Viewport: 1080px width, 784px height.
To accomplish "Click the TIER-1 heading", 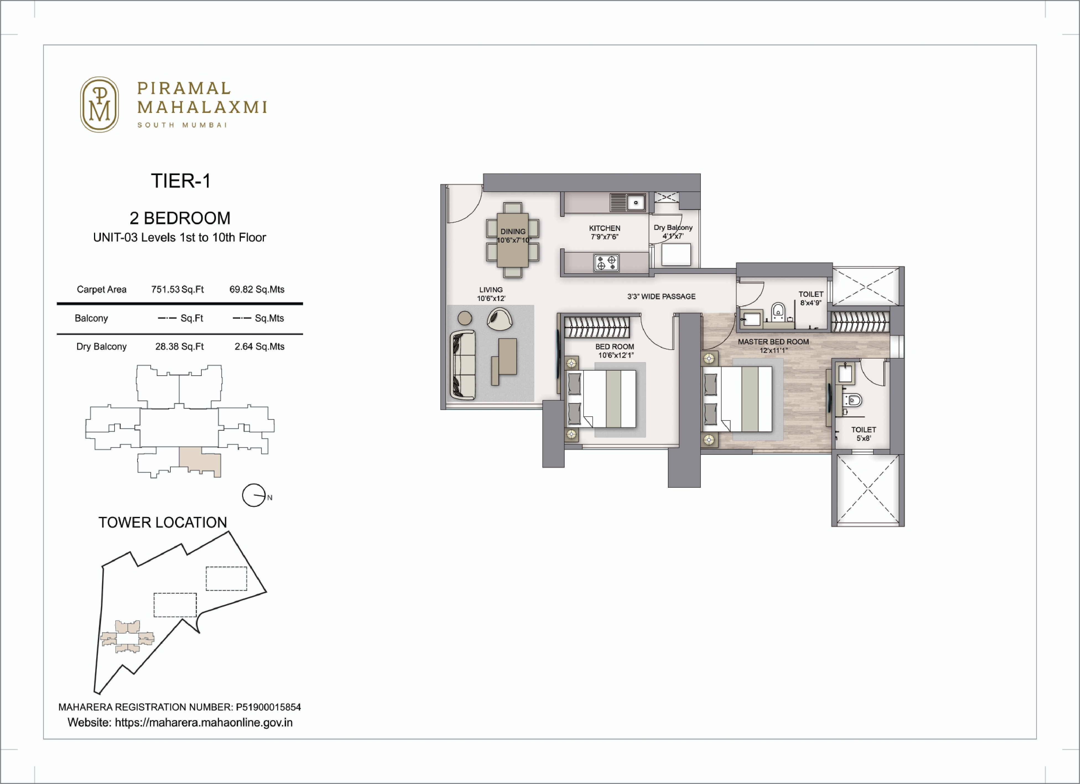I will click(181, 181).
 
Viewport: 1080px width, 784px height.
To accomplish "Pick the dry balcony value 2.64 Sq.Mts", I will click(259, 347).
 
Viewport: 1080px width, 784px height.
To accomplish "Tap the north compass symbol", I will click(254, 495).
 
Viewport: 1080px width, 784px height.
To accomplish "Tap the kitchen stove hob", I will click(606, 263).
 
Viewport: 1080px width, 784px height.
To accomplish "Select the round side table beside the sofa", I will click(465, 318).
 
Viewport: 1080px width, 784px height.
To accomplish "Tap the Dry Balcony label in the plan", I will click(673, 228).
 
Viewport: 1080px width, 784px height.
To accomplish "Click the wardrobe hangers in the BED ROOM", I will click(596, 327).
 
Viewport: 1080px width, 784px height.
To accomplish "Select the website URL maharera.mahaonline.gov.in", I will click(204, 723).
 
